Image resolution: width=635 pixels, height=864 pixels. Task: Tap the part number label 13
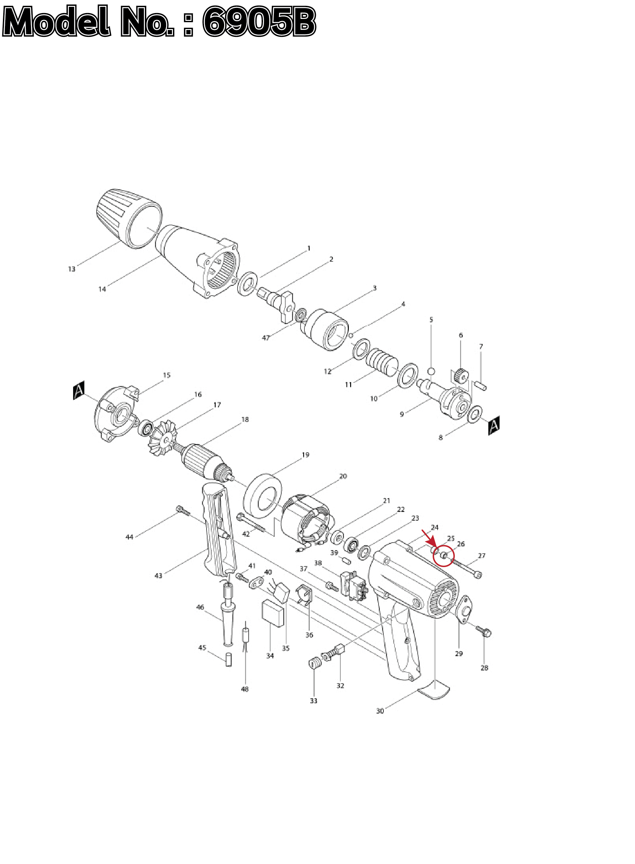tap(71, 269)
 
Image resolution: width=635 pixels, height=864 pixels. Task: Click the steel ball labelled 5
tap(431, 371)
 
